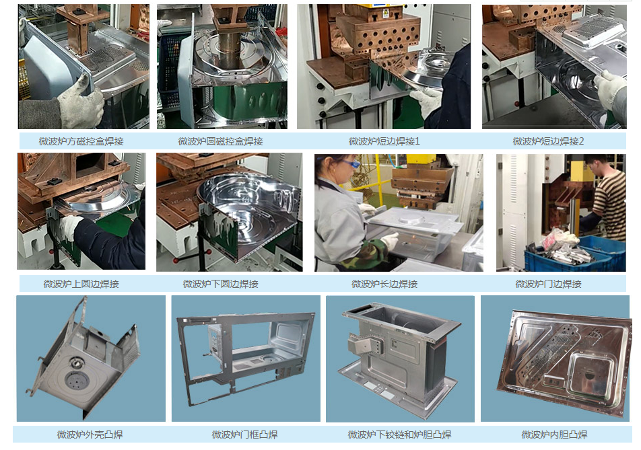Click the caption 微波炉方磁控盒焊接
tap(81, 141)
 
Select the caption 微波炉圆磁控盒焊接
tap(220, 141)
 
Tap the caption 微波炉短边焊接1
tap(384, 141)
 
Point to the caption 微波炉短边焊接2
tap(548, 141)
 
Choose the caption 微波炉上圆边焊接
tap(81, 284)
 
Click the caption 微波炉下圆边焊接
tap(220, 284)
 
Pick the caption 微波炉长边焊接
tap(384, 284)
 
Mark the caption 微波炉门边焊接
tap(548, 284)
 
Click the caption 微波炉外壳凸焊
tap(90, 435)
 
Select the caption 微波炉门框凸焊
tap(244, 435)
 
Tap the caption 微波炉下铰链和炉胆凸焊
tap(399, 435)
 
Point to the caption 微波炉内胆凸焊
tap(554, 435)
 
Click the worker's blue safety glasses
tap(350, 164)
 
